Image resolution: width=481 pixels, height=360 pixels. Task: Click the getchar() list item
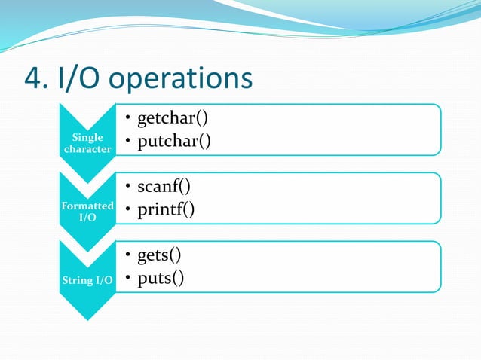click(x=172, y=117)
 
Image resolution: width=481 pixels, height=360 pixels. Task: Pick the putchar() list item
click(x=173, y=142)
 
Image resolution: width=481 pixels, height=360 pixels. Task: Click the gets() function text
click(x=158, y=255)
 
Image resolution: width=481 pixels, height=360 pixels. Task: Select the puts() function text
click(x=160, y=279)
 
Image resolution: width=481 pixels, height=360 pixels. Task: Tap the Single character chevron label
click(x=88, y=143)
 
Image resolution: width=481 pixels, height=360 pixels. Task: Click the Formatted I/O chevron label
click(x=88, y=212)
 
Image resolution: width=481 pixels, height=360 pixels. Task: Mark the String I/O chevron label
click(x=88, y=281)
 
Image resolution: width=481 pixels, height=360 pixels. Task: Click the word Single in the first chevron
click(x=88, y=138)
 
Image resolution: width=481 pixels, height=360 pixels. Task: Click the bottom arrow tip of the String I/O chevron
click(x=88, y=318)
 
